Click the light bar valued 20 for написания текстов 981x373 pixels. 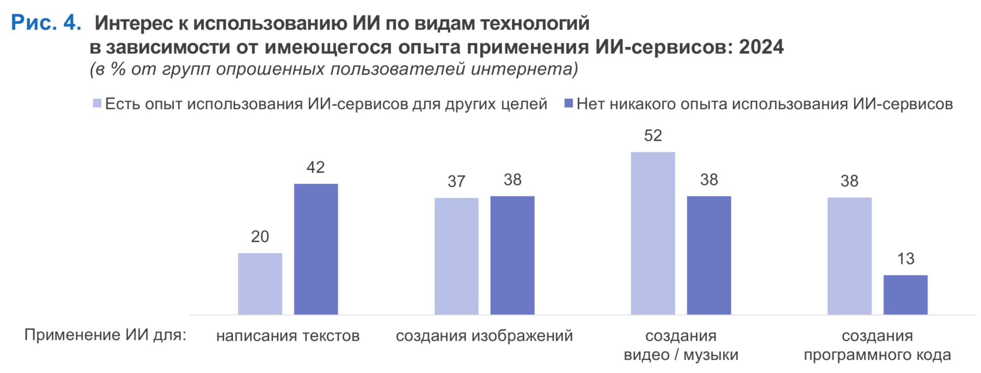(260, 283)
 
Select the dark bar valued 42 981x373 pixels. (316, 249)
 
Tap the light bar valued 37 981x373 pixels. (456, 256)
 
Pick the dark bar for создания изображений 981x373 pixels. (512, 255)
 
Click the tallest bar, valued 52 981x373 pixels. (653, 233)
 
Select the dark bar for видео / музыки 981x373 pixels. (709, 255)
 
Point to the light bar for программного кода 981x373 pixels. (849, 256)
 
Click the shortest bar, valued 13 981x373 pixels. (905, 294)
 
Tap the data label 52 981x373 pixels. (653, 136)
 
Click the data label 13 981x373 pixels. (906, 259)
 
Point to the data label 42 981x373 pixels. (316, 167)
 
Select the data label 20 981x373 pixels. (260, 237)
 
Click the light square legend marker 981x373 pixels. (97, 103)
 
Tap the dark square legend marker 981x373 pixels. (569, 103)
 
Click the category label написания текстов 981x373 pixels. (288, 336)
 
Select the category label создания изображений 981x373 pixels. (484, 336)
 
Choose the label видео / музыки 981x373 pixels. (681, 354)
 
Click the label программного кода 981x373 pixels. (877, 354)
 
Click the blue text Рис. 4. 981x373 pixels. (46, 23)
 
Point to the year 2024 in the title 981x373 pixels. (761, 47)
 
